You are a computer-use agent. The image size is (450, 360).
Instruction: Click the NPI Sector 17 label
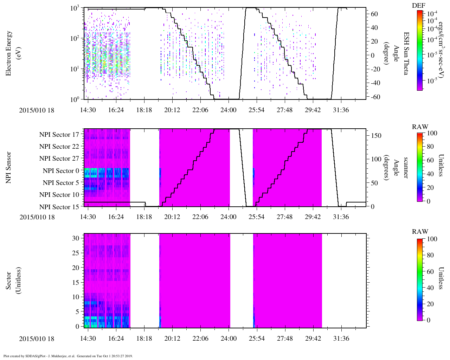coord(59,135)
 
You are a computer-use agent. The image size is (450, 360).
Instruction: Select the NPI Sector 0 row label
coord(61,171)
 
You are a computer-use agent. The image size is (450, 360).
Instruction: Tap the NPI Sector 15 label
coord(59,207)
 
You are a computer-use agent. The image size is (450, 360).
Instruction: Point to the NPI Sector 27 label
coord(59,159)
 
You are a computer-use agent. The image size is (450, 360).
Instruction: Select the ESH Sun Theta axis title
coord(406,53)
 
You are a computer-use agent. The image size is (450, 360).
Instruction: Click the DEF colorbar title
coord(418,5)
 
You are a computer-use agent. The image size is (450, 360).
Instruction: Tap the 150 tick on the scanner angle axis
coord(376,136)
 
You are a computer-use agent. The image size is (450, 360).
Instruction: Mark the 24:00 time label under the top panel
coord(228,110)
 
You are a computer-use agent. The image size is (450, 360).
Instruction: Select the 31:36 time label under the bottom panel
coord(341,339)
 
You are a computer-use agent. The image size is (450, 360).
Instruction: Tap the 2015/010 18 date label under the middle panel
coord(37,217)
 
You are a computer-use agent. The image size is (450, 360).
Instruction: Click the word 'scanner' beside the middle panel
coord(406,168)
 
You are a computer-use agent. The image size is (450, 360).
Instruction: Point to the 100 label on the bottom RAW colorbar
coord(432,239)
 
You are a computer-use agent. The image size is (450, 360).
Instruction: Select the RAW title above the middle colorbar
coord(420,127)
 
